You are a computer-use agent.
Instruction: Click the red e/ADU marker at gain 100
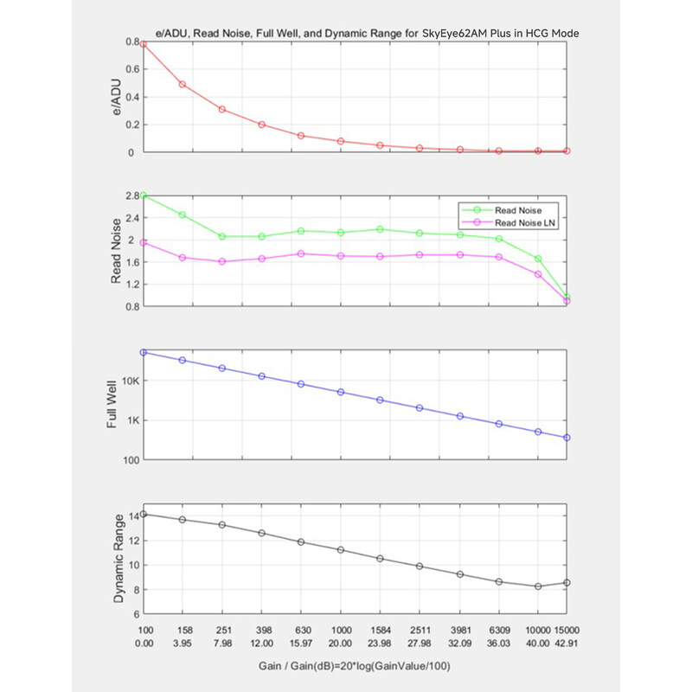[x=143, y=44]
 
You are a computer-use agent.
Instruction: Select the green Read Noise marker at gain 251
[x=222, y=236]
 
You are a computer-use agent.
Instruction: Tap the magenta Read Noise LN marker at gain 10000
[x=538, y=274]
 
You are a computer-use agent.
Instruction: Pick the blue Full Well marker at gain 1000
[x=341, y=392]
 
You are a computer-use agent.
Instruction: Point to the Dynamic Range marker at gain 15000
[x=567, y=583]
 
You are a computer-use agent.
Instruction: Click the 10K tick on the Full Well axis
[x=131, y=381]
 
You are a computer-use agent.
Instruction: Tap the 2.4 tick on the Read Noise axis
[x=132, y=218]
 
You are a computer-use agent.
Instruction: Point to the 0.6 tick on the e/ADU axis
[x=132, y=69]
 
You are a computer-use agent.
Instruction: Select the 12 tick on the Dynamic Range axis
[x=134, y=541]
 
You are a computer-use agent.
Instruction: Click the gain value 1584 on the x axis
[x=380, y=631]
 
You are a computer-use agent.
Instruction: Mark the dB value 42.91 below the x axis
[x=567, y=644]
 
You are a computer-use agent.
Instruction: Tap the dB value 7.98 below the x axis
[x=223, y=644]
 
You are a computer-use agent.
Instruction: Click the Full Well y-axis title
[x=112, y=404]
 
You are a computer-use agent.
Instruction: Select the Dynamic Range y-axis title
[x=119, y=558]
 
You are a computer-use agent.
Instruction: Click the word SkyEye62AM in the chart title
[x=455, y=34]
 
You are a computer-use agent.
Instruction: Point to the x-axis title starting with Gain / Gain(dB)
[x=355, y=666]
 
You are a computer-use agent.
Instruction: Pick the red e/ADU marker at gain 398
[x=262, y=125]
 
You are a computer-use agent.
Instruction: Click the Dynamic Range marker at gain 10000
[x=538, y=586]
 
